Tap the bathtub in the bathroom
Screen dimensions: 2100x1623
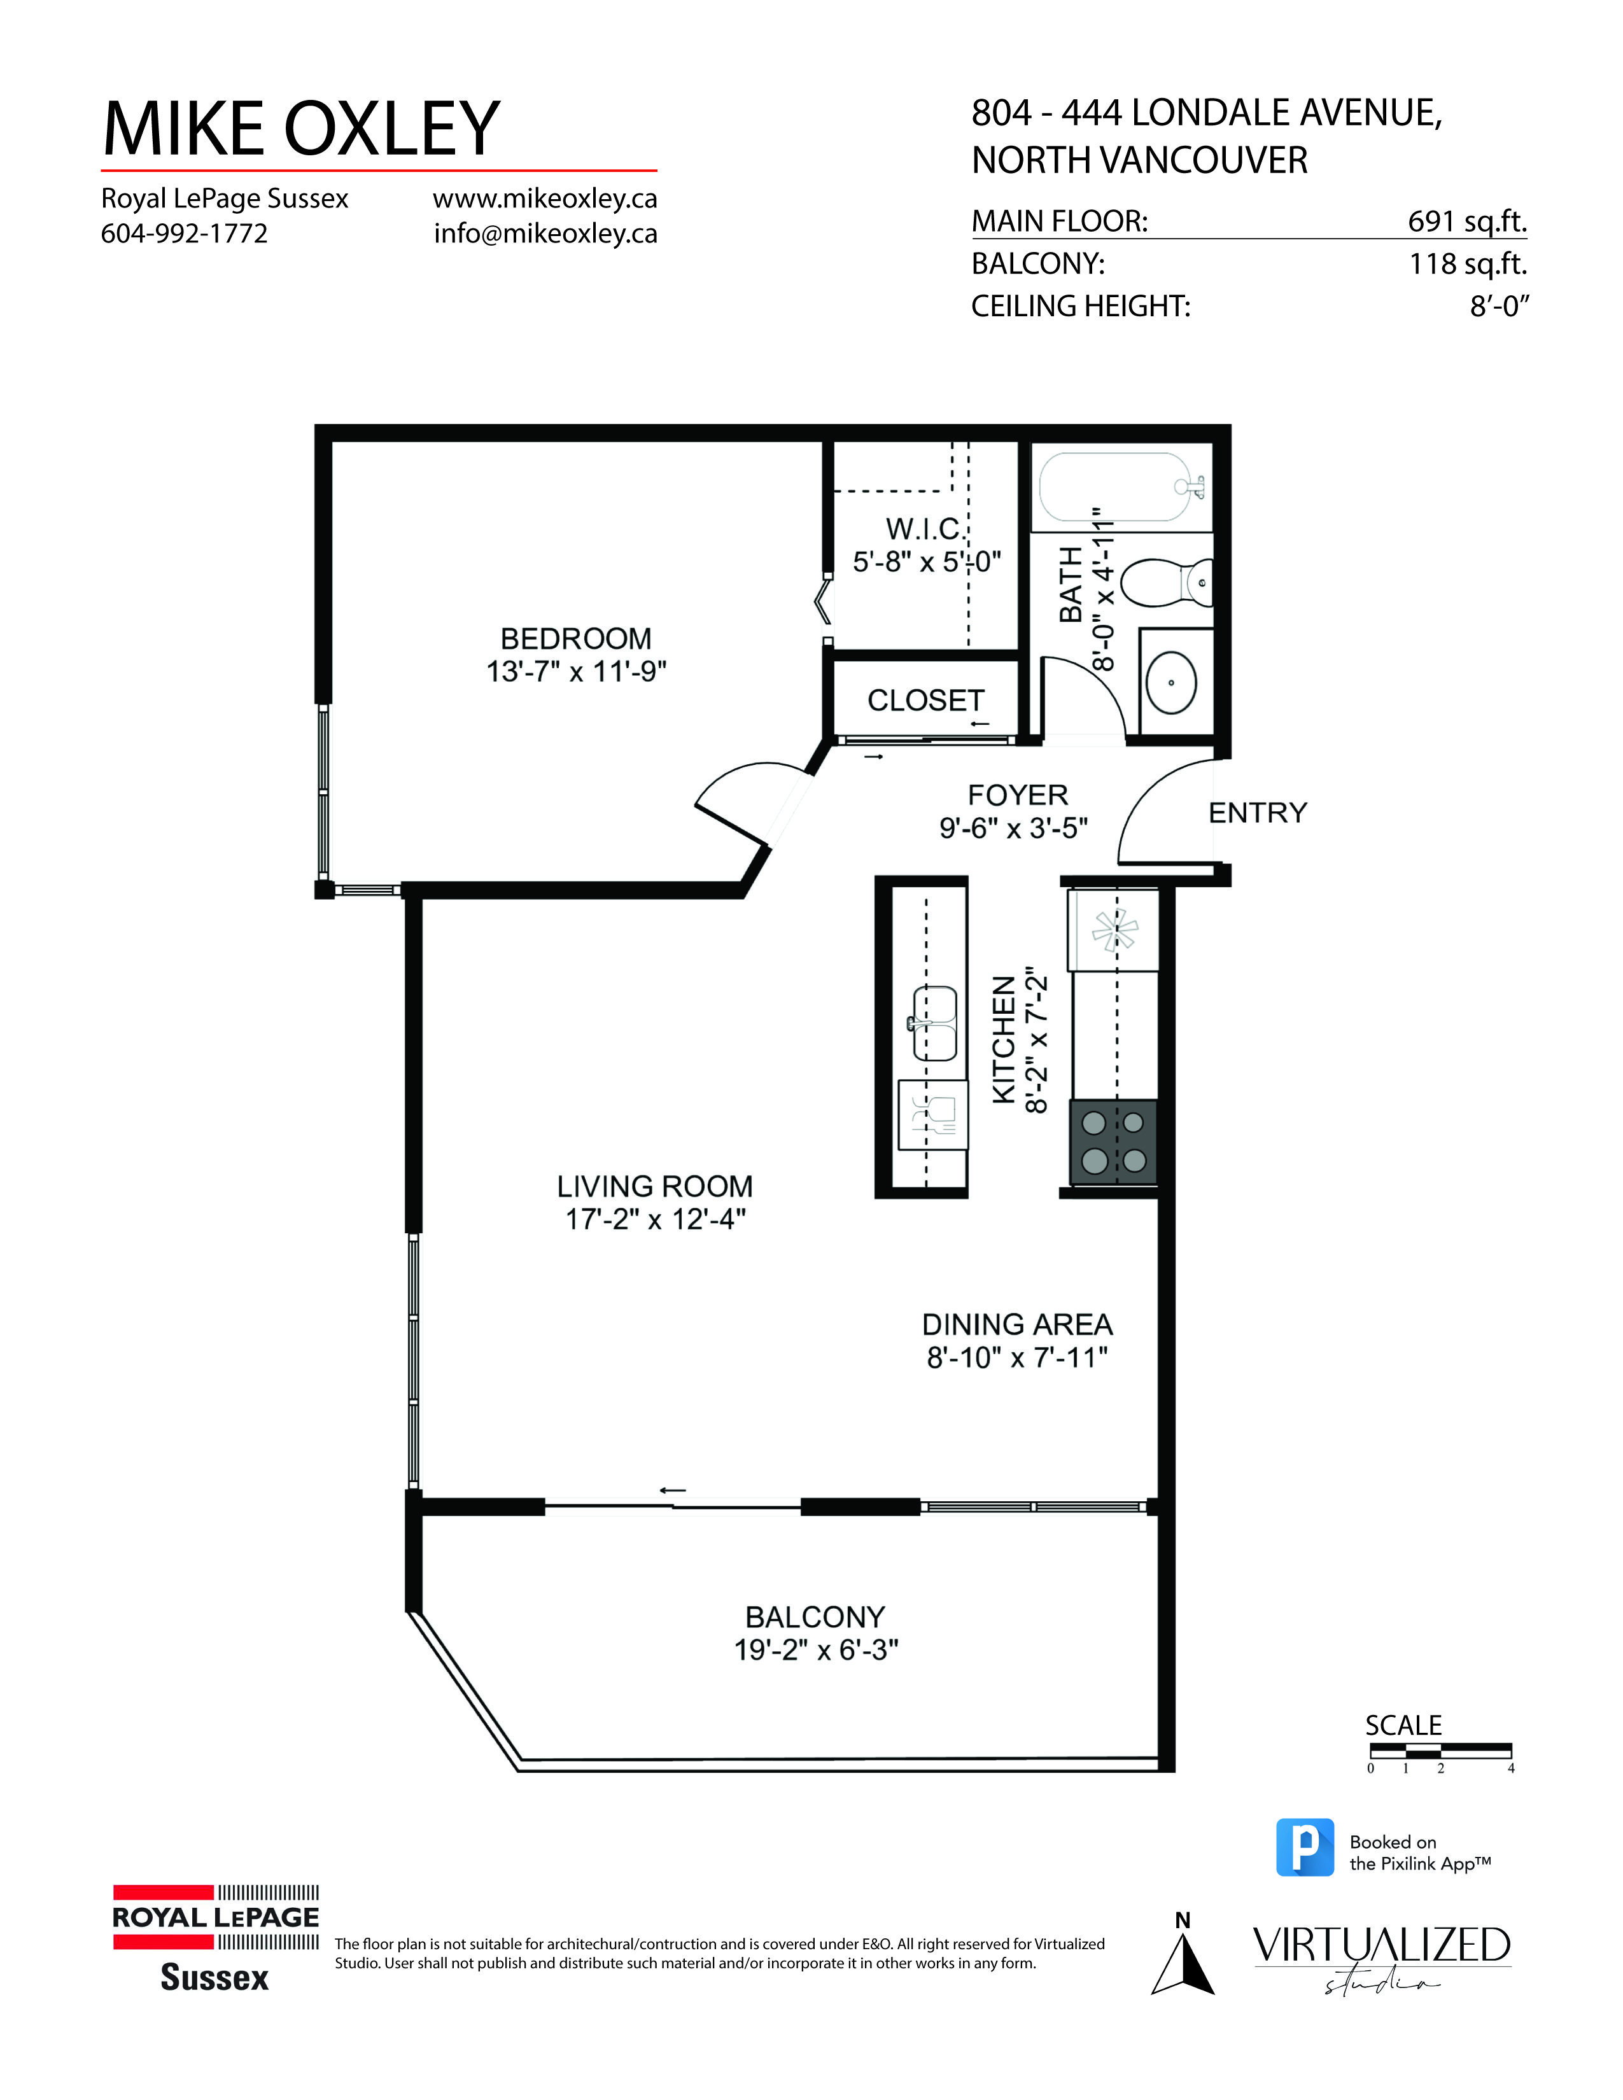pos(1120,489)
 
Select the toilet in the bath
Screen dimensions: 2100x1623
pos(1165,583)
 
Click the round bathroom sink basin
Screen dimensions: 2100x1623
pos(1171,683)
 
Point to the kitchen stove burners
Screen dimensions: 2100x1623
pos(1113,1142)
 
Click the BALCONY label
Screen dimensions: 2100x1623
pos(815,1616)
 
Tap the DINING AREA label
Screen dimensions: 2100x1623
pos(1016,1324)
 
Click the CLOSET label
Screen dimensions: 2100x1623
pos(925,700)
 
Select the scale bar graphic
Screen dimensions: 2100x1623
pos(1439,1751)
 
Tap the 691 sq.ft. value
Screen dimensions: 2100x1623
pos(1466,221)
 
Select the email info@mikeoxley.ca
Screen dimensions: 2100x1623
pos(545,234)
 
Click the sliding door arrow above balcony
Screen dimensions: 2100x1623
pos(672,1490)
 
